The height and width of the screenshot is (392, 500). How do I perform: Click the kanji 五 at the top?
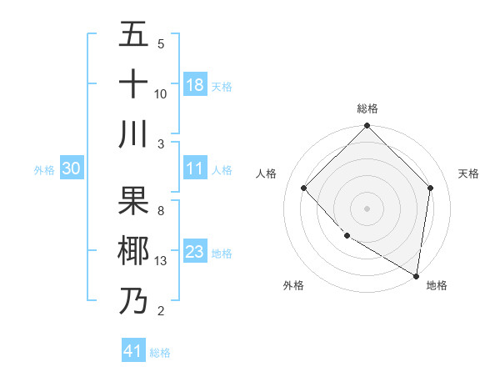coord(133,35)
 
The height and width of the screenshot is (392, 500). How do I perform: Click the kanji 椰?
coord(133,251)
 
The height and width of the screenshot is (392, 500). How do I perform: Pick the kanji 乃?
coord(133,300)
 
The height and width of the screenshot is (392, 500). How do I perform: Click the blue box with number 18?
coord(195,84)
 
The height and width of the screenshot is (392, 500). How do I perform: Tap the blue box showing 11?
coord(195,168)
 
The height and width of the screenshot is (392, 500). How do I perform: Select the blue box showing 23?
coord(195,252)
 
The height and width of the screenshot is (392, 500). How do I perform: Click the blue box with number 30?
coord(71,168)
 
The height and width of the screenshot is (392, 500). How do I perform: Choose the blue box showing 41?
coord(133,351)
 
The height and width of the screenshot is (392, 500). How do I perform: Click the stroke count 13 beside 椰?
coord(161,261)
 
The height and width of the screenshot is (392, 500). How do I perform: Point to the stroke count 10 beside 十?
coord(161,93)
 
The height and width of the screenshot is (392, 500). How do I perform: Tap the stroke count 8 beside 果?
coord(160,211)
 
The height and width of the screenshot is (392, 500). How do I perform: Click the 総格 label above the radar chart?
coord(367,108)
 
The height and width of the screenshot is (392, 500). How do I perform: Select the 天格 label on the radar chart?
coord(468,173)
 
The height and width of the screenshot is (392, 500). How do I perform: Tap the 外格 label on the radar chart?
coord(292,285)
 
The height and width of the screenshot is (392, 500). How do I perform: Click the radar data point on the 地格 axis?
coord(416,275)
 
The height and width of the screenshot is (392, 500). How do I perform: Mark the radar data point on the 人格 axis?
coord(304,188)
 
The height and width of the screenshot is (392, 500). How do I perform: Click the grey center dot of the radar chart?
coord(367,208)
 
